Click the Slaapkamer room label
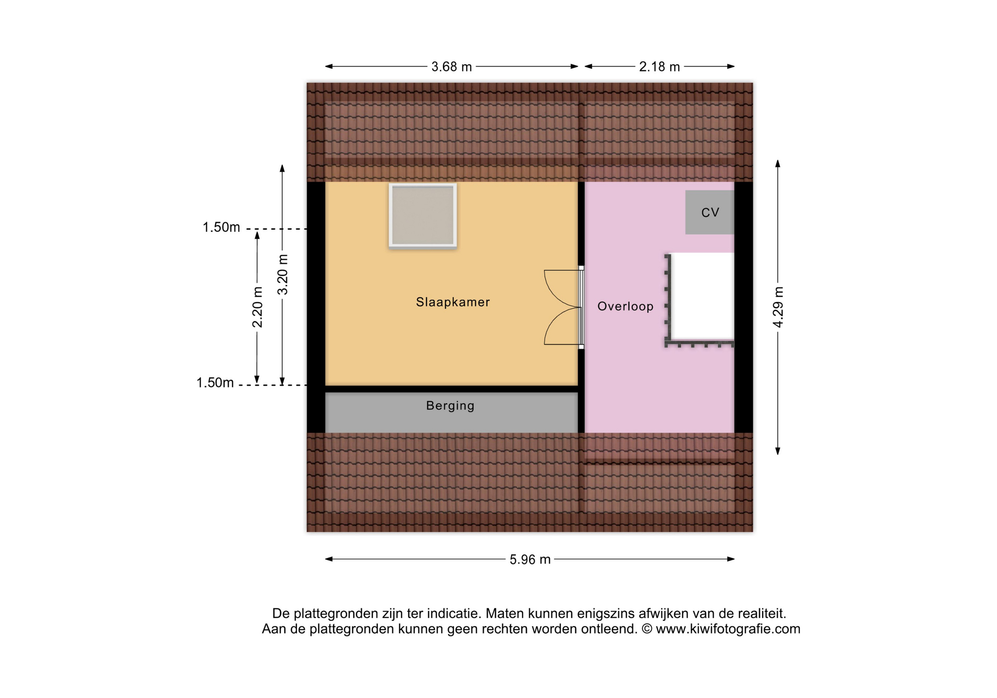[453, 302]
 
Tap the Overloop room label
[625, 307]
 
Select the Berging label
[450, 406]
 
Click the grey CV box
[710, 212]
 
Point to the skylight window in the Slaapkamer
[422, 216]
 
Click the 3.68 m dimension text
[451, 67]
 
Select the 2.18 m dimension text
[659, 67]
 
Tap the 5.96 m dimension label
[530, 559]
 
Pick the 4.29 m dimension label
[778, 307]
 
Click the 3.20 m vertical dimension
[283, 274]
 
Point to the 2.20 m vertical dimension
[257, 307]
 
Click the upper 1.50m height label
[221, 227]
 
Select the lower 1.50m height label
[215, 383]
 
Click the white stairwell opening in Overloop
[702, 296]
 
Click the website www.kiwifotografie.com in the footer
[728, 629]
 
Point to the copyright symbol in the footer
[647, 629]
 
